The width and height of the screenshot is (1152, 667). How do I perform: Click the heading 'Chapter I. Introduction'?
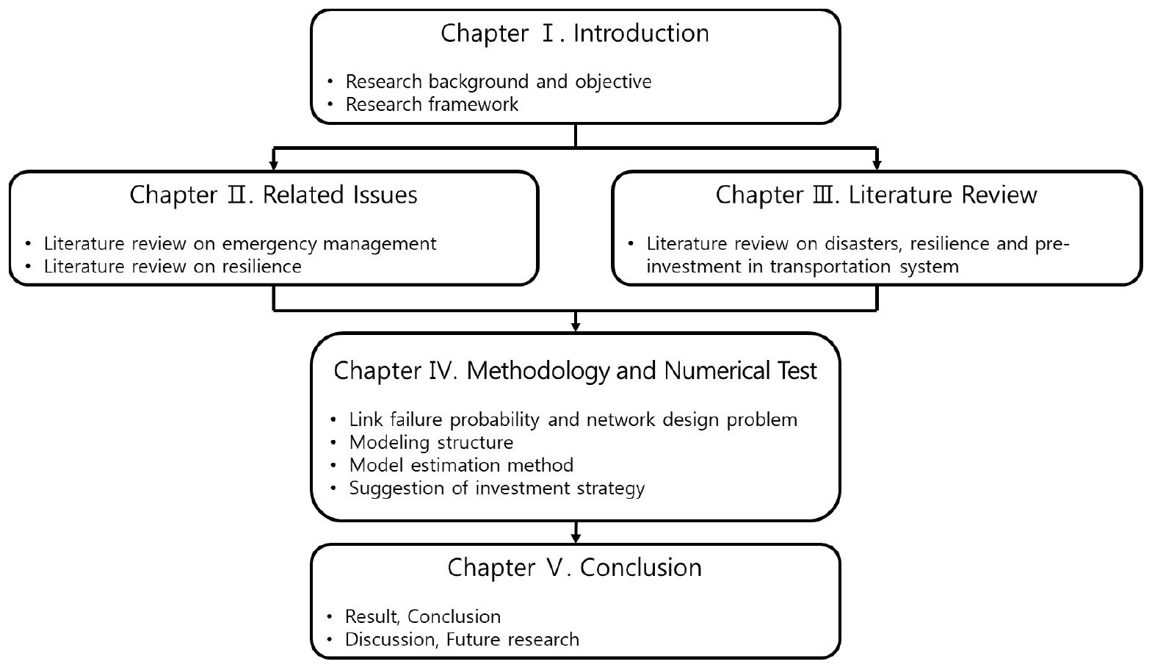[574, 34]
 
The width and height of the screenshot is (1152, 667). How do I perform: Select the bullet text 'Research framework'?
[432, 104]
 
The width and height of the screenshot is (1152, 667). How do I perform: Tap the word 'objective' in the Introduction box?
[613, 82]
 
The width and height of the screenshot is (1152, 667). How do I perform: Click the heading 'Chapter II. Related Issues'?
[273, 195]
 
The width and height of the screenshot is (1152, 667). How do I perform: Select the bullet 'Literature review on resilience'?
[173, 267]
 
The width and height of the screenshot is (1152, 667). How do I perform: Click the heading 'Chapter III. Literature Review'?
[877, 195]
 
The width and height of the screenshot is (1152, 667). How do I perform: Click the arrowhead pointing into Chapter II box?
[274, 165]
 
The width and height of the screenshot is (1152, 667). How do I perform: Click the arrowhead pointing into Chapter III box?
[877, 165]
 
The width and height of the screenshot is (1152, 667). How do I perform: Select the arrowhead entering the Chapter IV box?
[576, 326]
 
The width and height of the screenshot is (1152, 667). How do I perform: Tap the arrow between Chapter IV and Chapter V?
[576, 532]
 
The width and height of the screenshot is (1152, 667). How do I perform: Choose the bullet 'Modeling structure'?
[431, 443]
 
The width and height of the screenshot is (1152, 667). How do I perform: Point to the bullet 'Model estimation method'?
[461, 465]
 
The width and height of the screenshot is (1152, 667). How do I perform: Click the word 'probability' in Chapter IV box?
[494, 420]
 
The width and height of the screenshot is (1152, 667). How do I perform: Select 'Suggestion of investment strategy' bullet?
[497, 488]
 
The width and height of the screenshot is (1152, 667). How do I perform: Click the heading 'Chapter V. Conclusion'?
[574, 568]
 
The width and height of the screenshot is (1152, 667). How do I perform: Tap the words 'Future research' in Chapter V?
[512, 640]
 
